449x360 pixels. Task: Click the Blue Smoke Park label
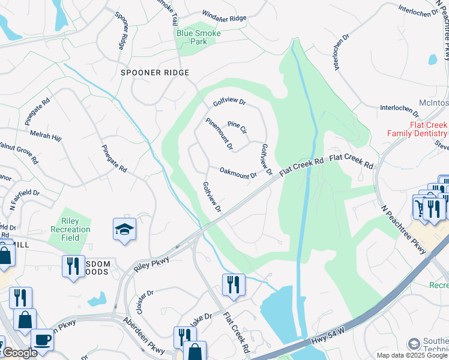198,37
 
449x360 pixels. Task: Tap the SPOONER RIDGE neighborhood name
155,73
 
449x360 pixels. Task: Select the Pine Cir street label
237,128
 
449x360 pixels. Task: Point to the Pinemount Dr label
219,134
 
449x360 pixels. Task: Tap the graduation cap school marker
124,230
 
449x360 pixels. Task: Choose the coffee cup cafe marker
41,339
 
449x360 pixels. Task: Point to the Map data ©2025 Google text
412,355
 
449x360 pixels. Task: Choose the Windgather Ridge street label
224,19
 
